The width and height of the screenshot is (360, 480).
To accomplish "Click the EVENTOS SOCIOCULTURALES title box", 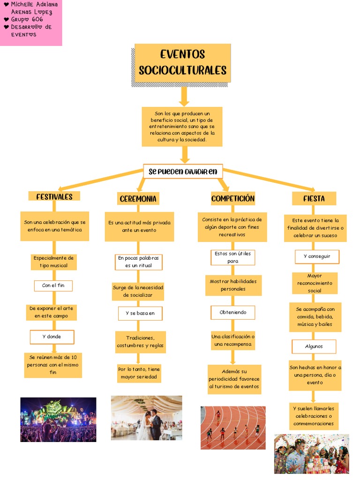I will tap(182, 63).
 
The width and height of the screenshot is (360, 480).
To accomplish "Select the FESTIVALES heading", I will tap(54, 196).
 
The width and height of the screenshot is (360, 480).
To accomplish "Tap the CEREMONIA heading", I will tap(138, 199).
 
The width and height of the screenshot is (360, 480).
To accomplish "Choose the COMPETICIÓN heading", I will tap(232, 198).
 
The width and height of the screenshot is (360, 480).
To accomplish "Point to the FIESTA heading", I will tap(314, 198).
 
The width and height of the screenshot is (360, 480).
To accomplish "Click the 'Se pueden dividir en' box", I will tap(183, 172).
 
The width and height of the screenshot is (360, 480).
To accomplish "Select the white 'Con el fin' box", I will tap(53, 285).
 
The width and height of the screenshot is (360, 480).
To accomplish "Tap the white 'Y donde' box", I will tap(52, 337).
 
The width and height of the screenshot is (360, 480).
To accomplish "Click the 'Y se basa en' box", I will tap(140, 313).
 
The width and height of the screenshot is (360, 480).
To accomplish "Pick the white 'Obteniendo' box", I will tap(232, 312).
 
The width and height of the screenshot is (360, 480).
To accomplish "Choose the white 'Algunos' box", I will tap(314, 346).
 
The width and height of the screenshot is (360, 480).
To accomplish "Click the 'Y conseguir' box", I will tap(316, 256).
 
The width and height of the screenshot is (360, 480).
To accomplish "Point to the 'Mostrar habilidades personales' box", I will tap(233, 285).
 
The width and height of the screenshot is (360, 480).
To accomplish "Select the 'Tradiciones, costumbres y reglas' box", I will tap(140, 342).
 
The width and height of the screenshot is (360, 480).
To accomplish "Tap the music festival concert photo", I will tap(58, 420).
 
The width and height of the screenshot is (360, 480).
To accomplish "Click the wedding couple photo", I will tap(146, 418).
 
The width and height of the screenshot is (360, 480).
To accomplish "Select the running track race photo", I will tap(233, 427).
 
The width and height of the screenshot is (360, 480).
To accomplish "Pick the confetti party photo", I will tap(311, 453).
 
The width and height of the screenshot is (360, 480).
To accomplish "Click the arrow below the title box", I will tap(184, 96).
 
